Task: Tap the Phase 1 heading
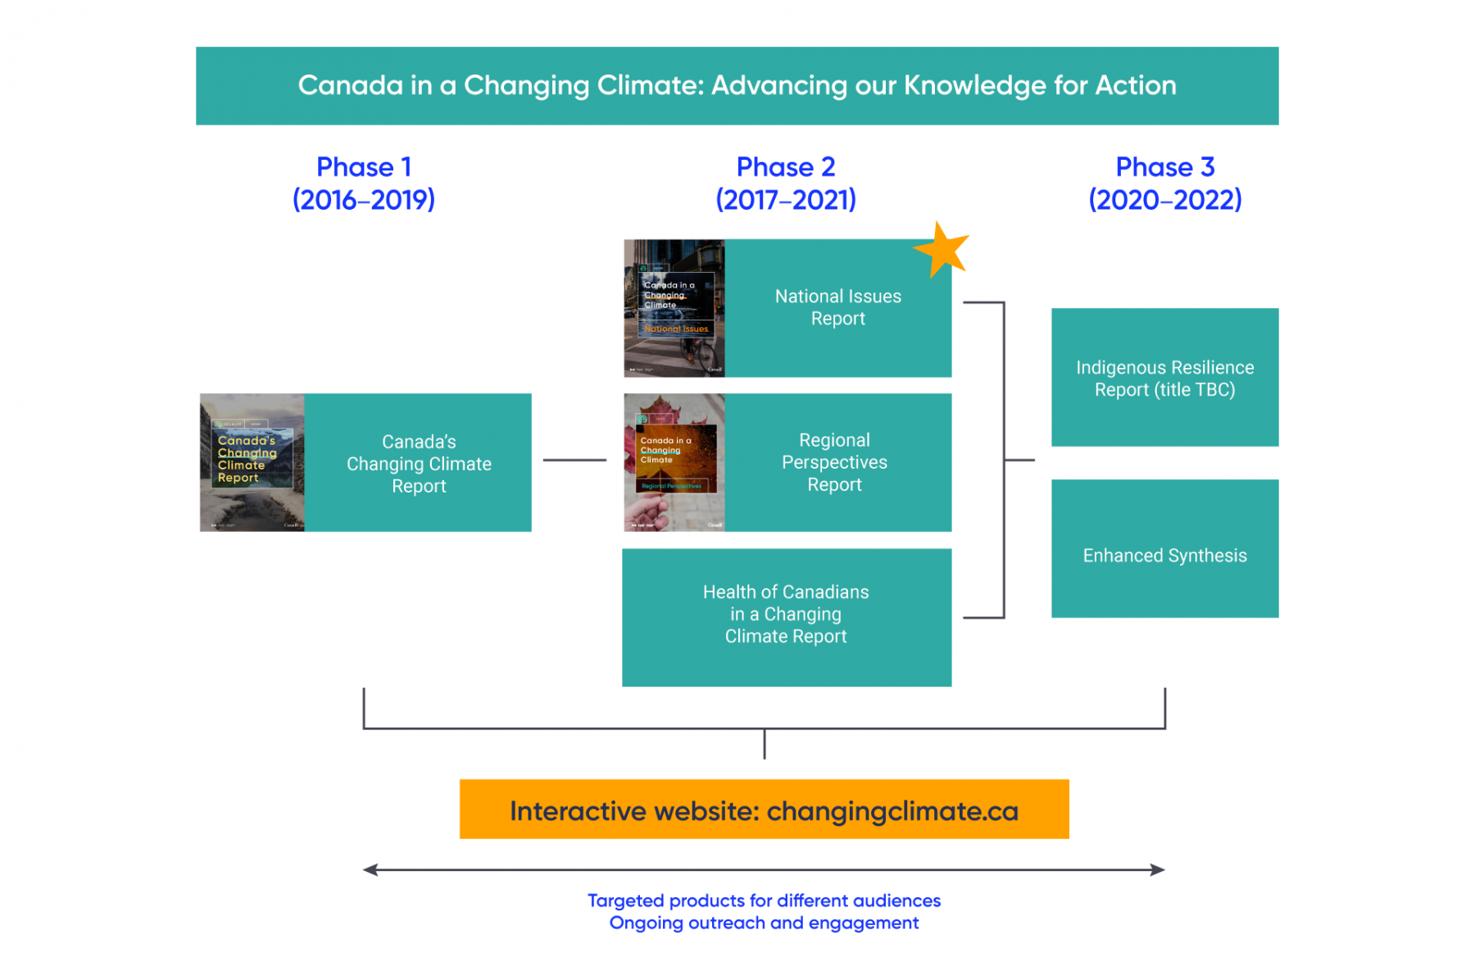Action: [363, 167]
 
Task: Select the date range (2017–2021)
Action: [785, 199]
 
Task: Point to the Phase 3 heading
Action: [1164, 167]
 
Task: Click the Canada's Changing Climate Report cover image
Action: [252, 462]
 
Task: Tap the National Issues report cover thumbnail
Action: [674, 307]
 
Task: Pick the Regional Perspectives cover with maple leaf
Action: [674, 462]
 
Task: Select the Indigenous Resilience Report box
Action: [1164, 377]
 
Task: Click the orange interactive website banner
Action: [764, 809]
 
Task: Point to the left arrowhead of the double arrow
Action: [370, 869]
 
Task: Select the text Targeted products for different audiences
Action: [764, 901]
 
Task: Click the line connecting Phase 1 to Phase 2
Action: [574, 460]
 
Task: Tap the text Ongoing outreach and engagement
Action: [764, 923]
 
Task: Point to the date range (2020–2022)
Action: [1164, 199]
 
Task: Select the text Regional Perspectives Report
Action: [834, 462]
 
